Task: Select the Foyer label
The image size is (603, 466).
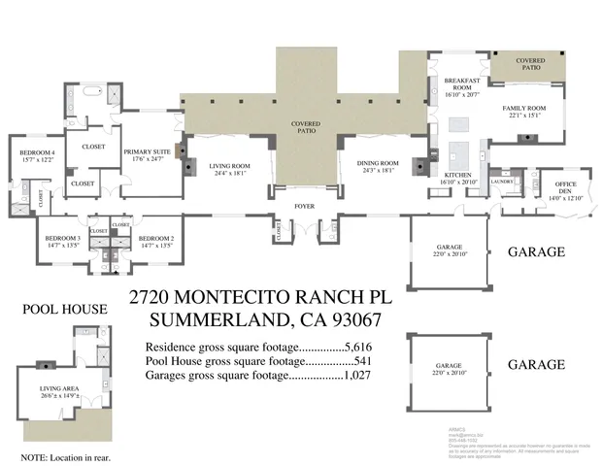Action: point(306,207)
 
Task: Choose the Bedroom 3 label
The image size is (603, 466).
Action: point(61,242)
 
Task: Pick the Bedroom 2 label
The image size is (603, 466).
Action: point(155,242)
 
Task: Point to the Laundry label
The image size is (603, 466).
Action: point(501,182)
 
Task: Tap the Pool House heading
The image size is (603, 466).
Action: point(64,309)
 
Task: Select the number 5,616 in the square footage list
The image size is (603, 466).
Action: point(358,347)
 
